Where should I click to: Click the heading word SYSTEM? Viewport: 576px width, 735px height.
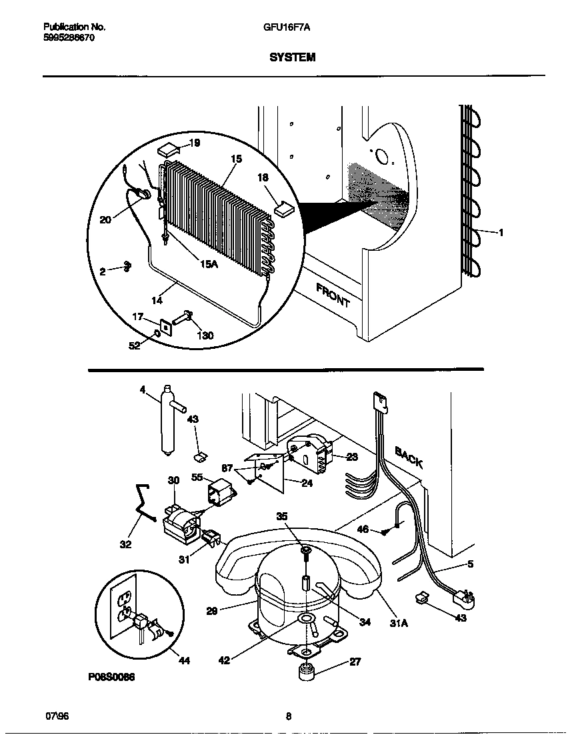pyautogui.click(x=292, y=58)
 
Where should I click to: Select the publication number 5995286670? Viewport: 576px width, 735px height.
pyautogui.click(x=69, y=38)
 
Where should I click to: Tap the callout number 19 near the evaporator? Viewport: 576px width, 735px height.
pyautogui.click(x=194, y=143)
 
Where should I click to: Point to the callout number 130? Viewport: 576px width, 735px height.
pyautogui.click(x=205, y=335)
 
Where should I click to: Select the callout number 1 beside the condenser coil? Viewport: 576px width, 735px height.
pyautogui.click(x=501, y=233)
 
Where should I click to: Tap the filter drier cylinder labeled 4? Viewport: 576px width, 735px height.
pyautogui.click(x=167, y=420)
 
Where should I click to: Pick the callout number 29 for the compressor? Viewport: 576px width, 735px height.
pyautogui.click(x=211, y=610)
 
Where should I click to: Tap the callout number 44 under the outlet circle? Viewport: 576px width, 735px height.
pyautogui.click(x=184, y=661)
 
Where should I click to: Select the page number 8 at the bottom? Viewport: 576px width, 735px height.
pyautogui.click(x=288, y=717)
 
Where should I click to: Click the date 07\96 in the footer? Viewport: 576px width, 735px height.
pyautogui.click(x=57, y=717)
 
